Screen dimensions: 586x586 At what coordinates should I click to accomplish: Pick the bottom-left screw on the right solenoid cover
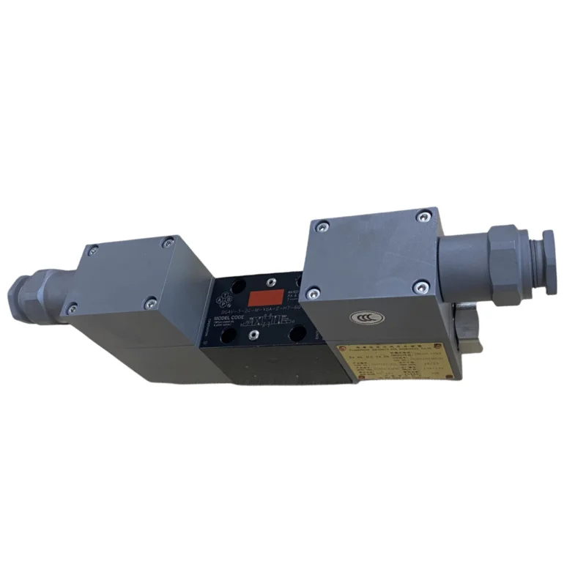(x=314, y=294)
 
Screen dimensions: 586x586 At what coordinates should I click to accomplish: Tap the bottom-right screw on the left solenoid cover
(x=150, y=299)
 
